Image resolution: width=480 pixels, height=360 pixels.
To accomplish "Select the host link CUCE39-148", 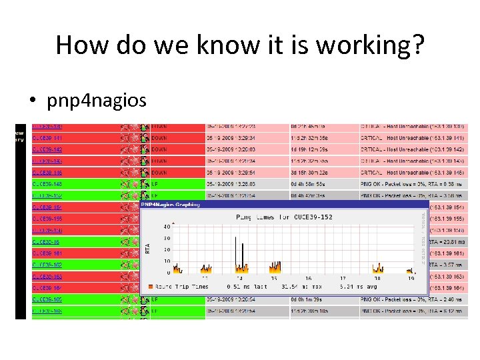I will coord(48,183).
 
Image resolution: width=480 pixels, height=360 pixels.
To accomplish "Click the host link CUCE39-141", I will coord(48,137).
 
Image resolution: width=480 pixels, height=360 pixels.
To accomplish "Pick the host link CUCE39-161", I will coord(48,253).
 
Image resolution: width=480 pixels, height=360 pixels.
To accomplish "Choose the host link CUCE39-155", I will coord(48,219).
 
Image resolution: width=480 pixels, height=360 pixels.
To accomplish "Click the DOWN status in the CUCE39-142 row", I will coord(159,149).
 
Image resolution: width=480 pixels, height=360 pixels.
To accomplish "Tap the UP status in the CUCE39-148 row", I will coord(155,184).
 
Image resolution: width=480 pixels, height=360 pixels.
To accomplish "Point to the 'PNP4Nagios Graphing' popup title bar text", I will coord(169,205).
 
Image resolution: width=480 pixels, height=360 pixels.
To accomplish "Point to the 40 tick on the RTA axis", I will coord(166,226).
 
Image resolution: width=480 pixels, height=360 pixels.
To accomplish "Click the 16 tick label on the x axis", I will coord(309,279).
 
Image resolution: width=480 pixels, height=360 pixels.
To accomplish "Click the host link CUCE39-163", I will coord(48,276).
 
